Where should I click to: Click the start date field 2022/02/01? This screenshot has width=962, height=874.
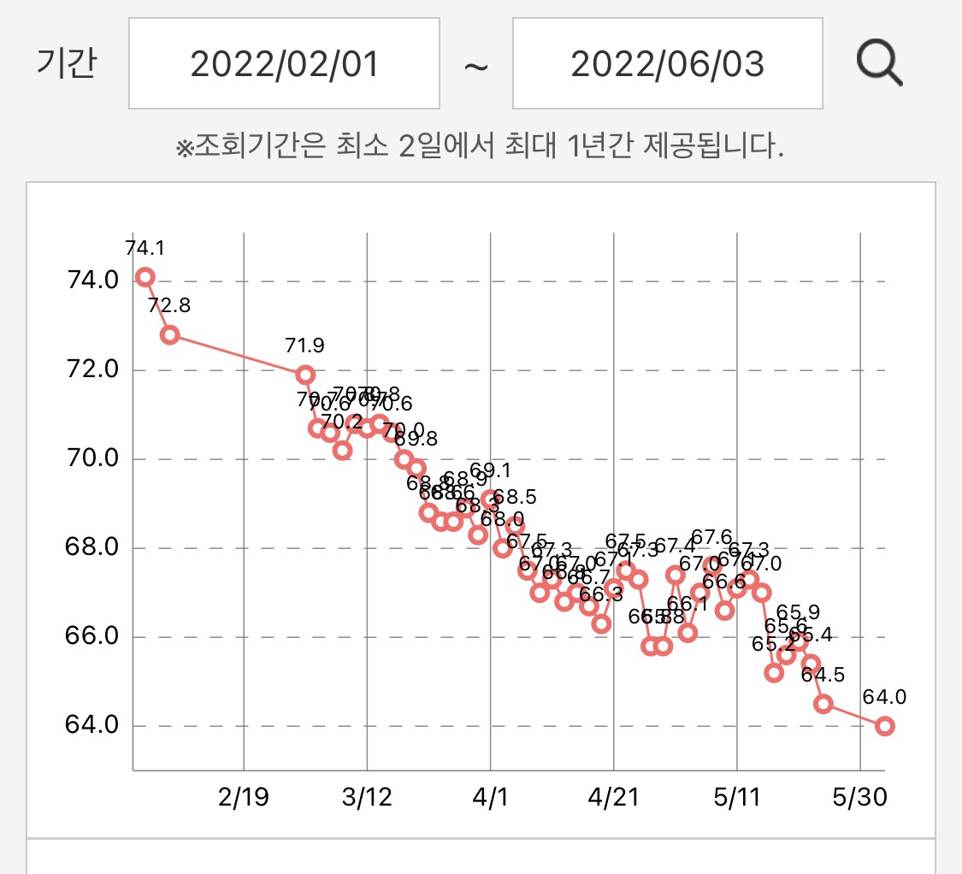click(284, 64)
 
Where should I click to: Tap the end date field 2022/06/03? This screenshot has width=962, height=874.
click(667, 64)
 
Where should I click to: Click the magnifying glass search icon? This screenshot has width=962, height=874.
click(880, 64)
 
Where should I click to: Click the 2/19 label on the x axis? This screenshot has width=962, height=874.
click(244, 798)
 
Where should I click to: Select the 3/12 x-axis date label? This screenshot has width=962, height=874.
click(367, 798)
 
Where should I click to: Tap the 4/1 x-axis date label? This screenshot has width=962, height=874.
click(490, 798)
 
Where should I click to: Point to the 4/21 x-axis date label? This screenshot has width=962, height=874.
click(613, 798)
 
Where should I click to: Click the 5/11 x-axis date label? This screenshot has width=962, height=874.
click(736, 798)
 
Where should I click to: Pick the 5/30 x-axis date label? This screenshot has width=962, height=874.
click(859, 798)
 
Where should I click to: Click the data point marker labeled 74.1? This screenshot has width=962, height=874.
click(145, 276)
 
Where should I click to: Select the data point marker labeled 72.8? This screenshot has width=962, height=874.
click(169, 334)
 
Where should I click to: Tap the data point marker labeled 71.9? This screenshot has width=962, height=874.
click(305, 375)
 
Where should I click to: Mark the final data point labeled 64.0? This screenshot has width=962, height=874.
click(885, 726)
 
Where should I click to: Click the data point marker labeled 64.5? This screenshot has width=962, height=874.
click(823, 704)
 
